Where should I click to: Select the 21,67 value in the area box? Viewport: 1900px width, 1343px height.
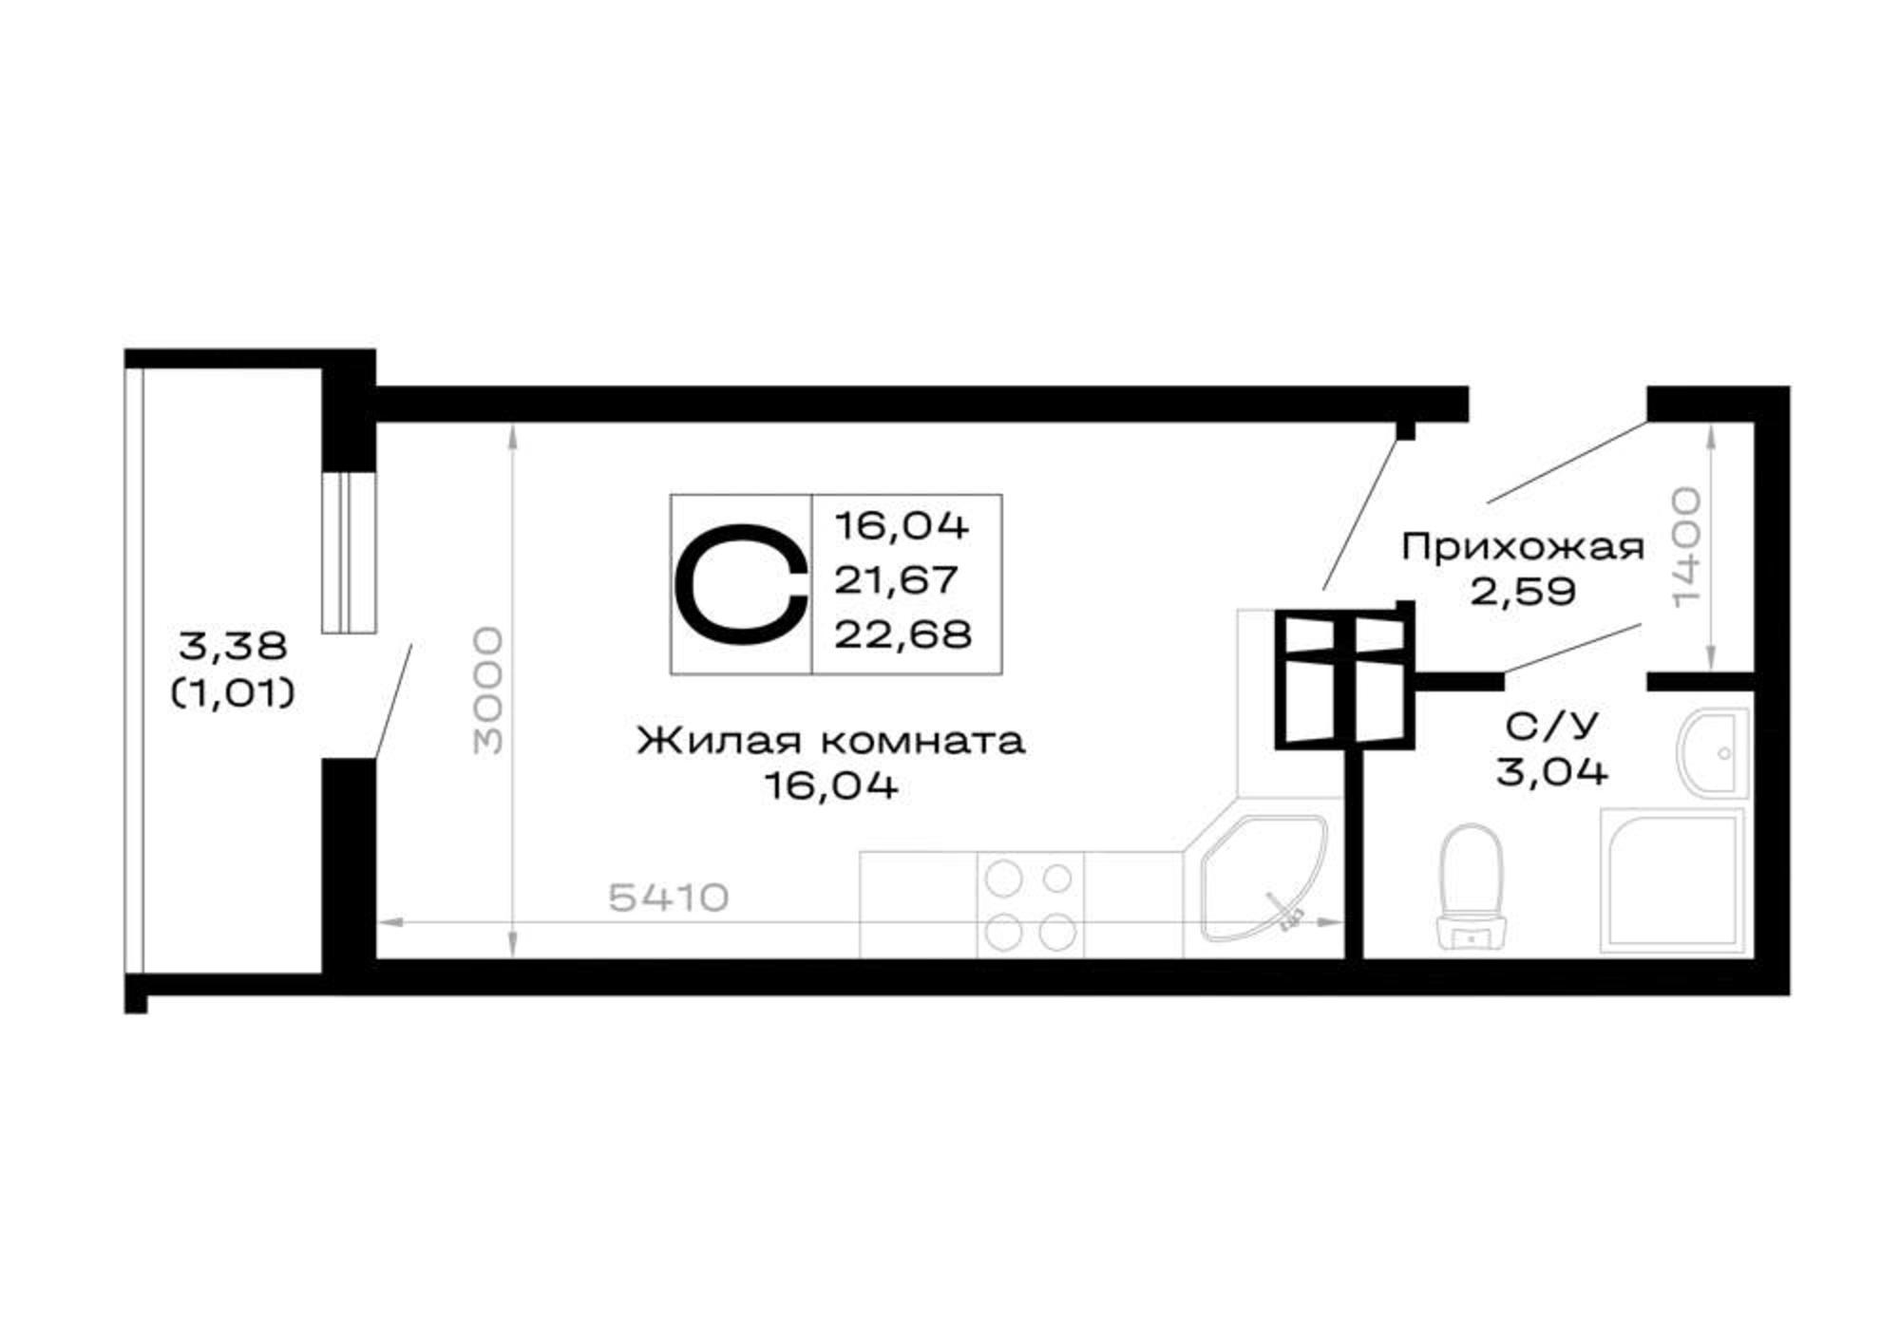897,579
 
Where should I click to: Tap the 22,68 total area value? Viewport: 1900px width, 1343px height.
903,634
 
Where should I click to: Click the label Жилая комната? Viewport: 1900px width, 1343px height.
831,740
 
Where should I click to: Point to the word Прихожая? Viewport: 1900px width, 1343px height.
1523,547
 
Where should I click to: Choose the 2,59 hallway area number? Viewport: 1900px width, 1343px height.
1523,592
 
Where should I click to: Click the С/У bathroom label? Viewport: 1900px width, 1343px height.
1551,726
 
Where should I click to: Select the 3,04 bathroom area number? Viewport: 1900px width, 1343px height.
1552,770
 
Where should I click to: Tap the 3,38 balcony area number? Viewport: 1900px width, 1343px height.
233,647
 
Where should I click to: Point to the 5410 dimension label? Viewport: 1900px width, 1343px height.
668,897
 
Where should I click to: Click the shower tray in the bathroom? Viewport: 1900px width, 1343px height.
1672,880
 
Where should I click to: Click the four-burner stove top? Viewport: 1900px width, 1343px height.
1031,905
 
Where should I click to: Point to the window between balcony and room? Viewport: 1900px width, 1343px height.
349,552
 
